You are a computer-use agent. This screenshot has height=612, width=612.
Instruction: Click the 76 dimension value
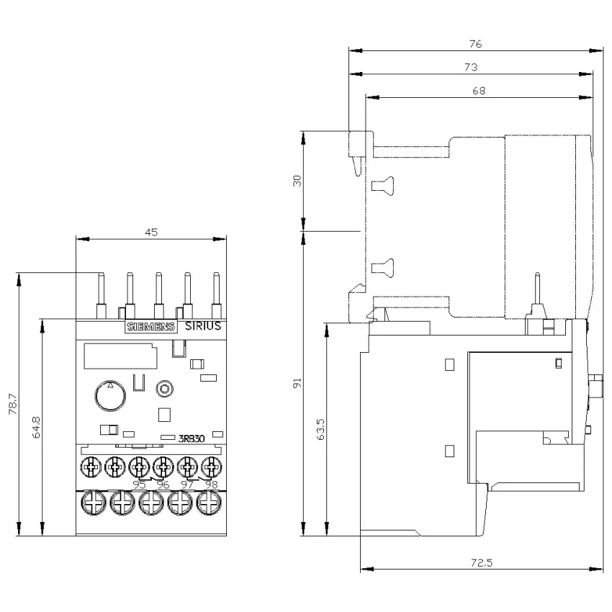coord(475,44)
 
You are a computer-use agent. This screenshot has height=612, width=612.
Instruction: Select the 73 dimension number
coord(471,67)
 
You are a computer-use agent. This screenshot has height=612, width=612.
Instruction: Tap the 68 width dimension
coord(479,91)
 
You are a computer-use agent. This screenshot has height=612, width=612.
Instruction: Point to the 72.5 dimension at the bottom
coord(482,562)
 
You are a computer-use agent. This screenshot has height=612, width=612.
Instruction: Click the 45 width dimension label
coord(151,233)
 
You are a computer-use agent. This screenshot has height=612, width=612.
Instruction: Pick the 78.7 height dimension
coord(13,404)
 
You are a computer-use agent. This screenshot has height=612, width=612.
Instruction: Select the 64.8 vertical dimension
coord(36,428)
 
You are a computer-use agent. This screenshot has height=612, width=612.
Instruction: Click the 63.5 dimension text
coord(320,429)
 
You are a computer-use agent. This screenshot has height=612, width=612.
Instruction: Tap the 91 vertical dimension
coord(297,383)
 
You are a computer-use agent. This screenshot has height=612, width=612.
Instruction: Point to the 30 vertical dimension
coord(297,181)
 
